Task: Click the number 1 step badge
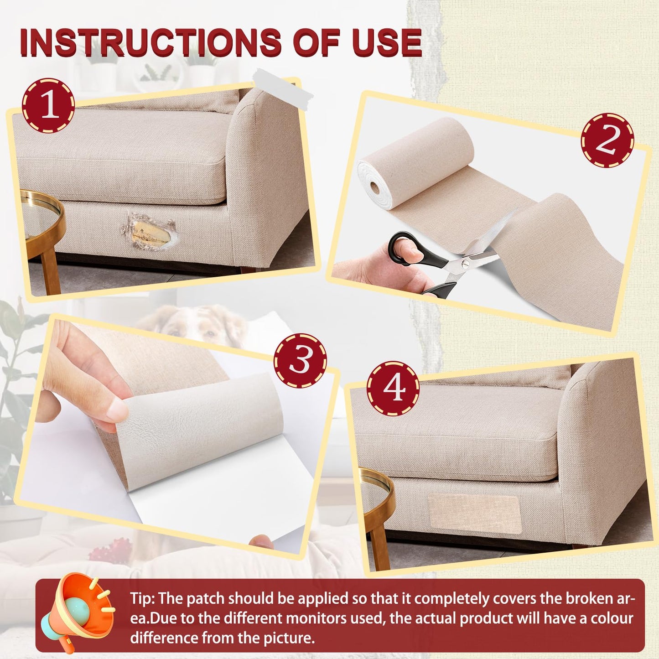[x=48, y=106]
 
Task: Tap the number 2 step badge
[x=607, y=140]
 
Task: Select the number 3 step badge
[x=300, y=360]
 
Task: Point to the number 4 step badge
[x=393, y=388]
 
